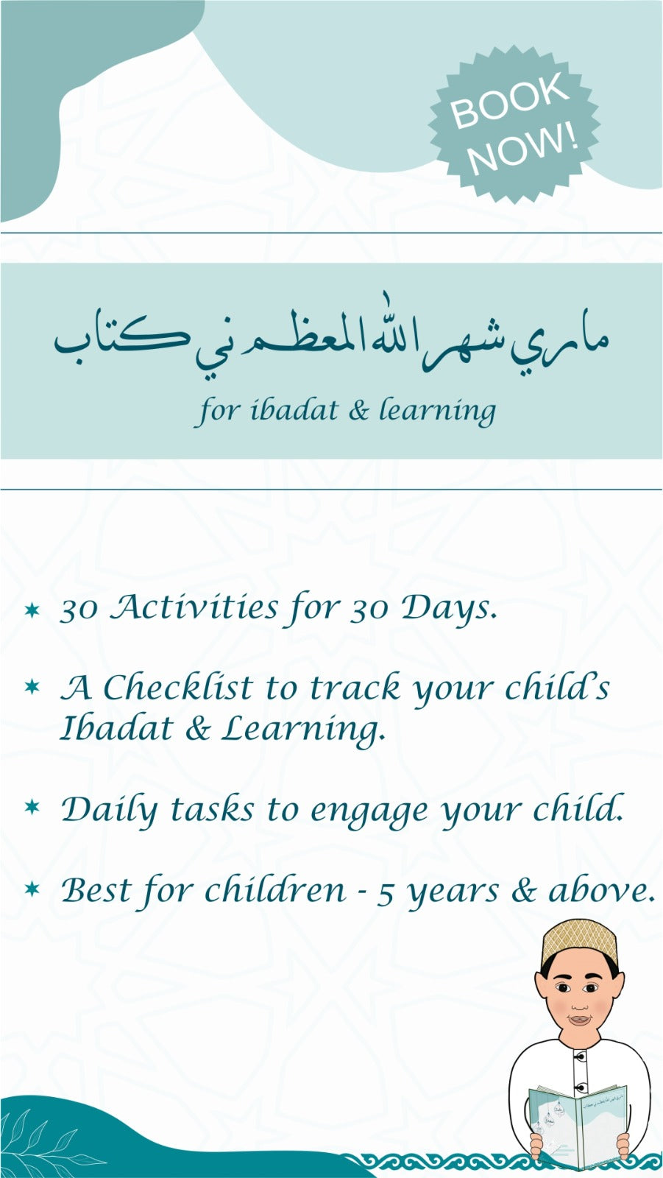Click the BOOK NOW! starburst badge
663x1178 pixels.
coord(514,124)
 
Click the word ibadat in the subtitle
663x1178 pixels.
coord(294,409)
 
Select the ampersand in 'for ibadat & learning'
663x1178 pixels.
coord(358,410)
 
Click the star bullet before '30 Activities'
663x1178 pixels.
coord(32,610)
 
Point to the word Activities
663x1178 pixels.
coord(194,607)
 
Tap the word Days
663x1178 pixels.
coord(450,609)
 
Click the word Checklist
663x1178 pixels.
coord(178,687)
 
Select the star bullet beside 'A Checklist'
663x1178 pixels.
coord(32,686)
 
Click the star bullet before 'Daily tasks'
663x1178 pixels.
coord(32,806)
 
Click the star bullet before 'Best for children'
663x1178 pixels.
coord(32,889)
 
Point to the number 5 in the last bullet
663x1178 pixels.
coord(386,893)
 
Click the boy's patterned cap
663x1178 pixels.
coord(579,943)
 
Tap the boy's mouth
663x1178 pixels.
coord(579,1020)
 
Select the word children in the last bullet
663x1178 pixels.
coord(274,890)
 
